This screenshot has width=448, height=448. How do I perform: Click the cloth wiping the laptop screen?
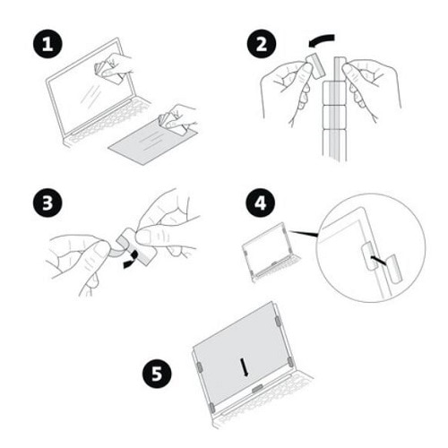pos(114,74)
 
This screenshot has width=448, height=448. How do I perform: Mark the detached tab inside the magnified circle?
pos(369,262)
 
